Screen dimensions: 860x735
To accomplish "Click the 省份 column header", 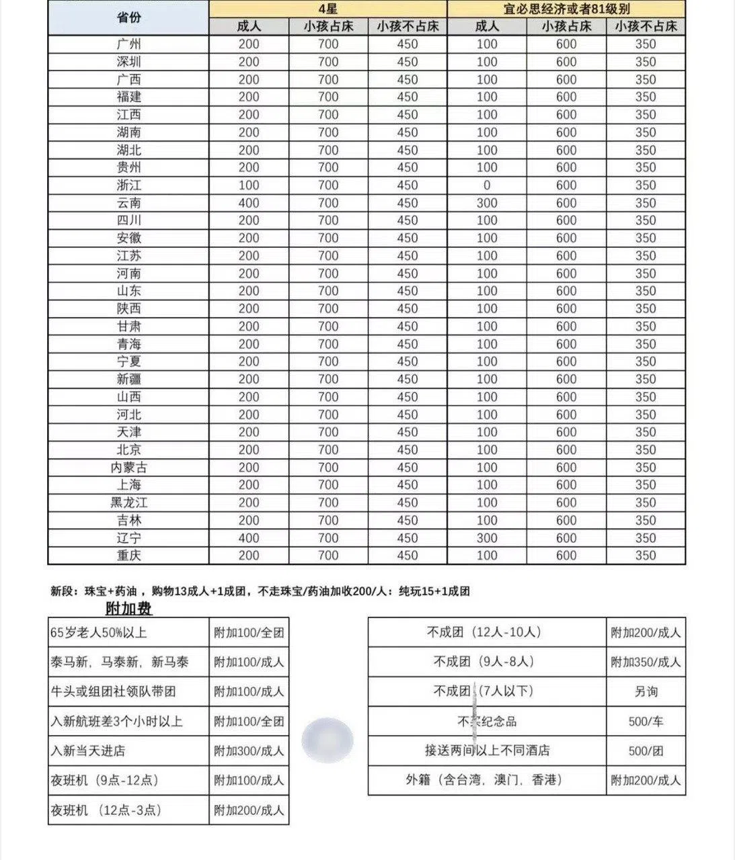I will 128,17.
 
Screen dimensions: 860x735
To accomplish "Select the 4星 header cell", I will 327,9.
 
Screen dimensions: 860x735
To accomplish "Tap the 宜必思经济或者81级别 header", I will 566,9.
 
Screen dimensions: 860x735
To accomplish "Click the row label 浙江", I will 128,185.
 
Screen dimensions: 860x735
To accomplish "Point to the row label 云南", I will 128,203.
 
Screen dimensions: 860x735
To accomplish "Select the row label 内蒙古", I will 128,468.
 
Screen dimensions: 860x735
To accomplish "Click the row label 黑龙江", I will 128,503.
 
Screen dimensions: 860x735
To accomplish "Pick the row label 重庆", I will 128,556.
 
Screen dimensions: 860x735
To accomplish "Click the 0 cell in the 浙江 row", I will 486,185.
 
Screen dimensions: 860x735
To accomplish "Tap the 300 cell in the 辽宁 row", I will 486,538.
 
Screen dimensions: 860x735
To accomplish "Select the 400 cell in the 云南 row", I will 249,203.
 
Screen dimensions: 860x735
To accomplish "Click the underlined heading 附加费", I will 128,609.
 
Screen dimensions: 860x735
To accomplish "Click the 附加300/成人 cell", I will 249,750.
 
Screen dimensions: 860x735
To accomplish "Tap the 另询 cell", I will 646,691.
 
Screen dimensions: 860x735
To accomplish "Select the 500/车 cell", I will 646,721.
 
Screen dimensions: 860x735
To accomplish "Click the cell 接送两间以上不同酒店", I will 487,750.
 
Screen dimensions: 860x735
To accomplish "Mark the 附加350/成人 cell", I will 646,662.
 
